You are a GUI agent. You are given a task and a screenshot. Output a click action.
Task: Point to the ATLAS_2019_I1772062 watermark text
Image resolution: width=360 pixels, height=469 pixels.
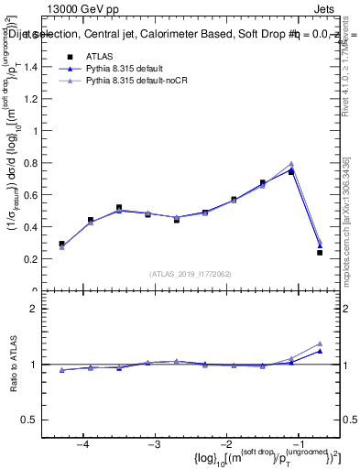tap(191, 273)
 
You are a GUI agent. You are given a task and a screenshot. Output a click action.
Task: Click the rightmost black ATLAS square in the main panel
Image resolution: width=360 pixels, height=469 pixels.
tap(320, 253)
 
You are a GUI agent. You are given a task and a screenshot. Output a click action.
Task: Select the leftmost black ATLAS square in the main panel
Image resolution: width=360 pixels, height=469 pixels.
tap(61, 244)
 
